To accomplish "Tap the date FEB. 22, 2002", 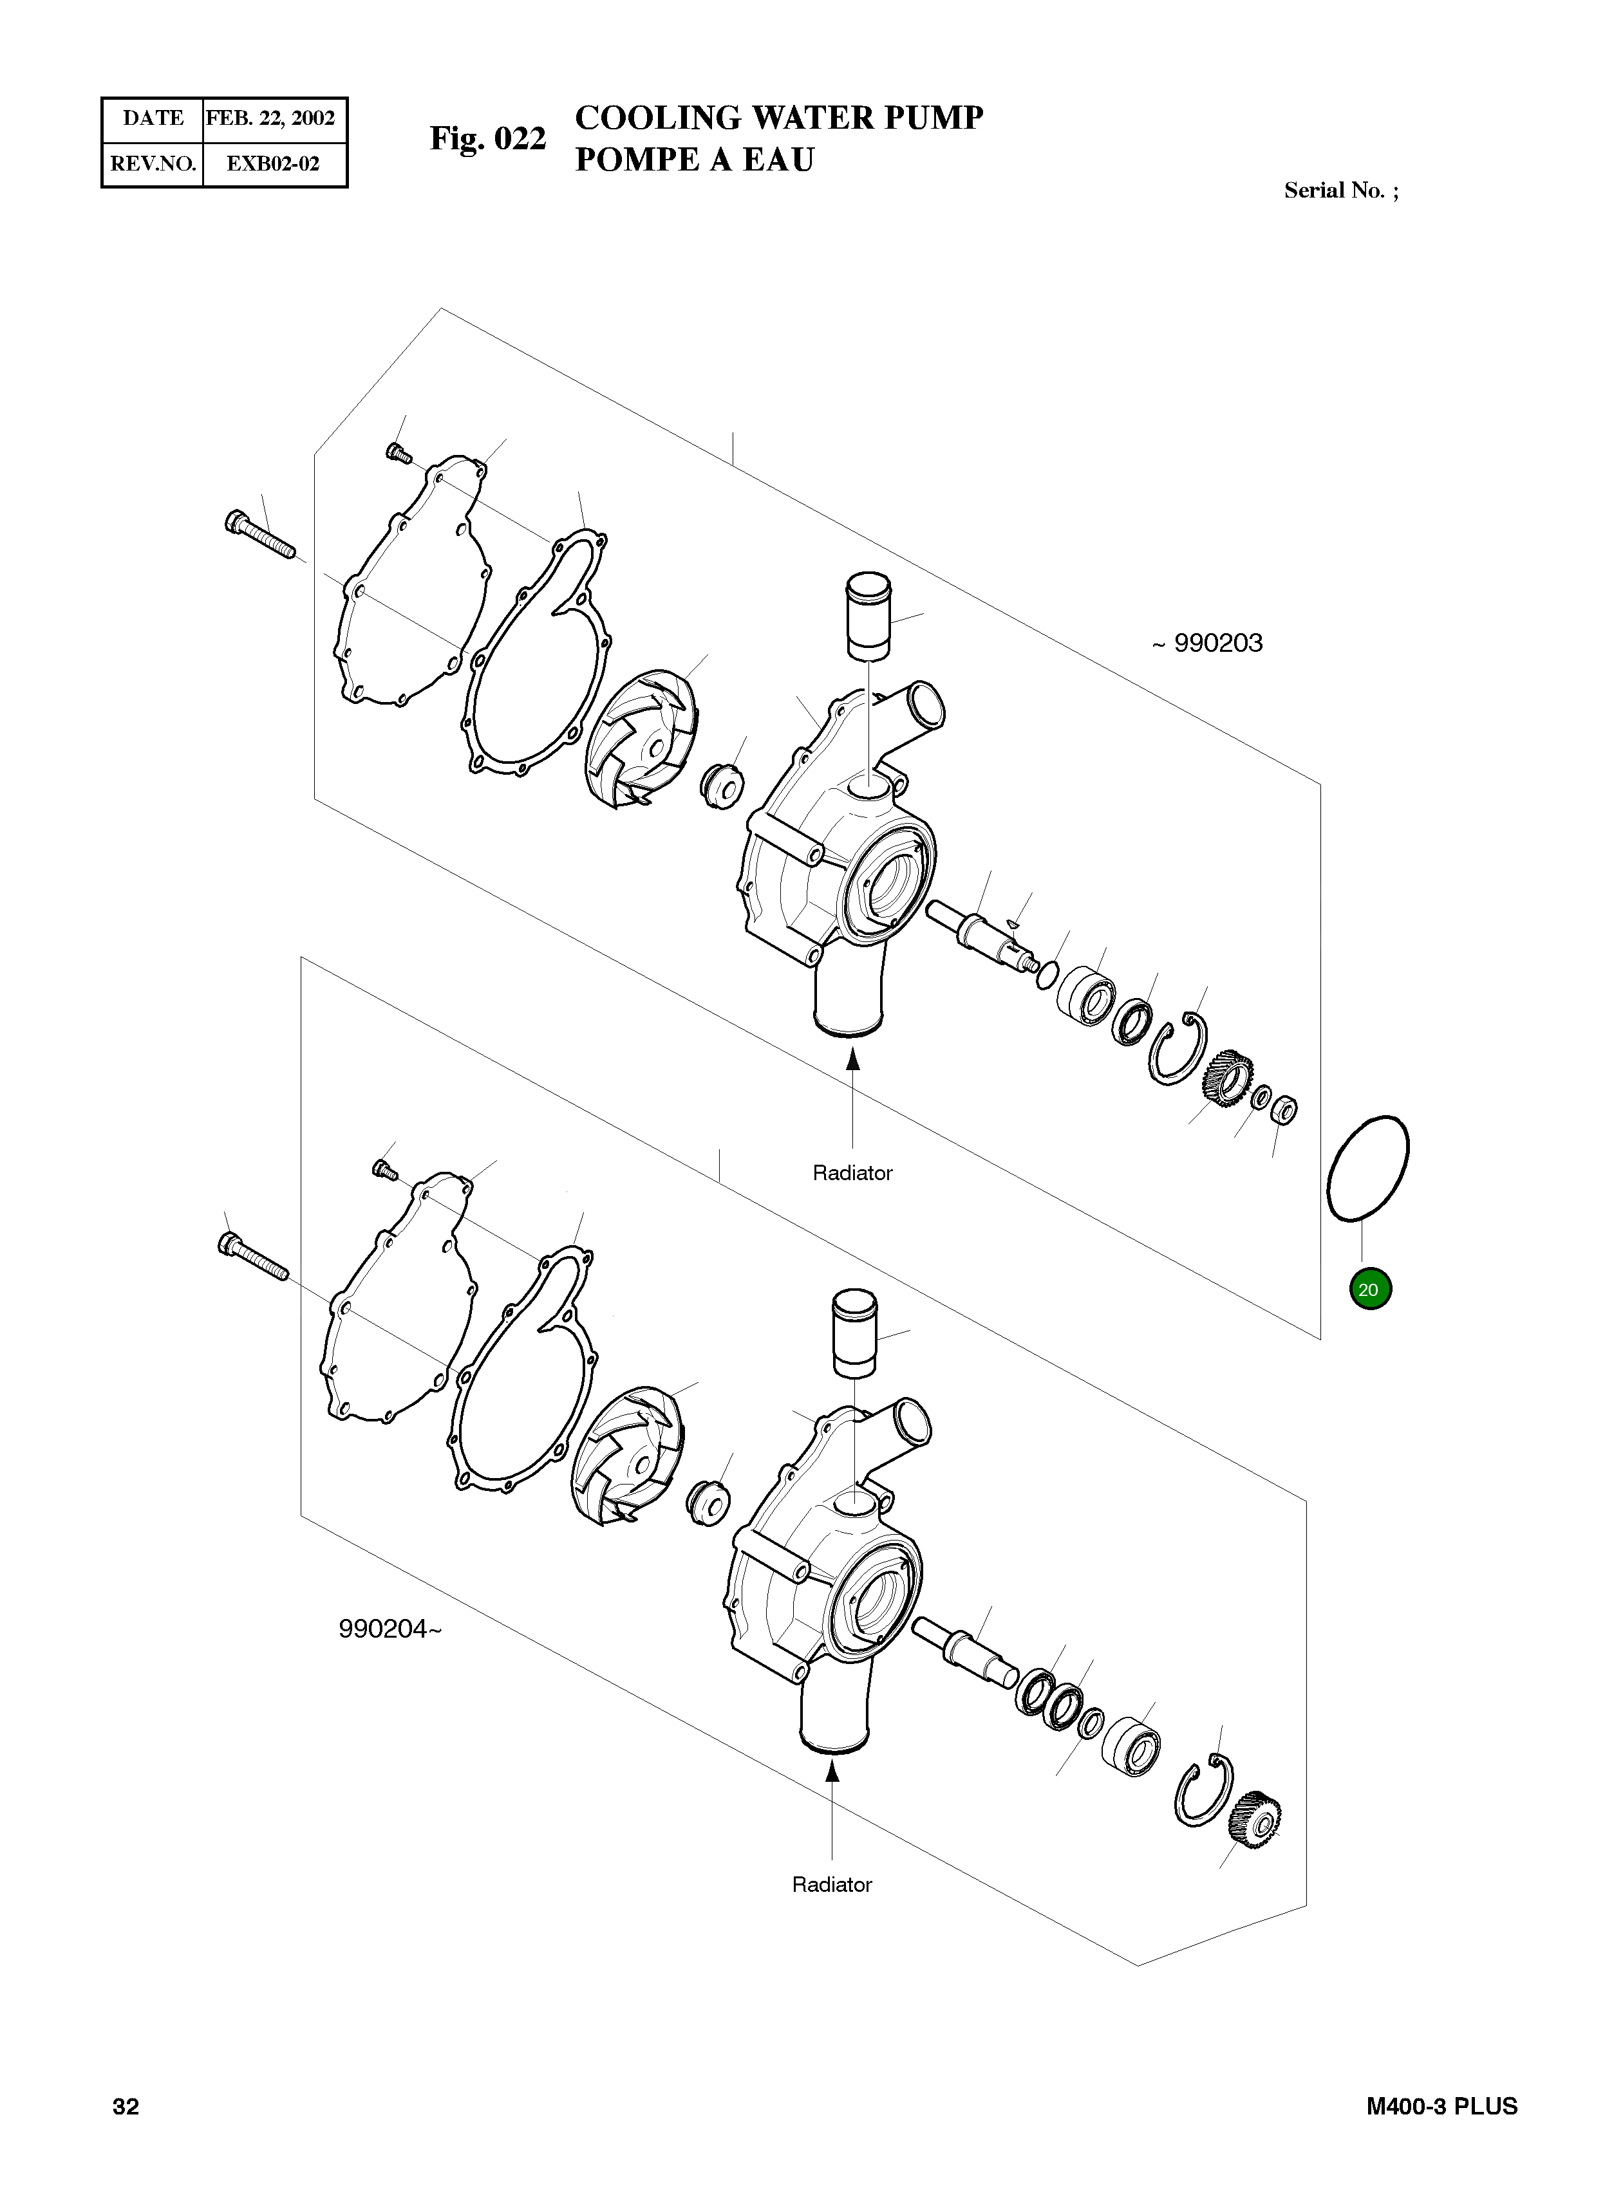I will [x=270, y=118].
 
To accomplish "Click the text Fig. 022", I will [x=487, y=139].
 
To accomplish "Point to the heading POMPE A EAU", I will [x=693, y=159].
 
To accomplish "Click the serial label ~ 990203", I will [x=1208, y=643].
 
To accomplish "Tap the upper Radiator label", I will [x=852, y=1173].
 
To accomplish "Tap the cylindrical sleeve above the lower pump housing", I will [x=854, y=1332].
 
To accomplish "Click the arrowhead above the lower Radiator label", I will [x=831, y=1771].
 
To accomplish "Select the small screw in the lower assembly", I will [x=386, y=1168].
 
